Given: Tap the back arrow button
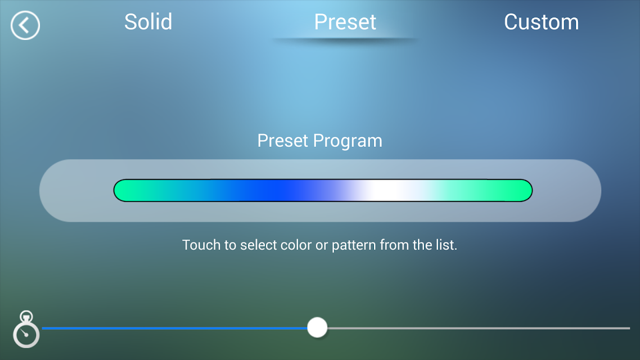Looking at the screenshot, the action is coord(25,25).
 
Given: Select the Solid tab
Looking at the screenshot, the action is coord(148,21).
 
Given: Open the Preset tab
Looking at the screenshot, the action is coord(345,21).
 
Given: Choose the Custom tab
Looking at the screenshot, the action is coord(541,21).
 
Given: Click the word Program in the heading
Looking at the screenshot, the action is coord(348,141).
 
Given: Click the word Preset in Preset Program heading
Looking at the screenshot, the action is coord(282,141).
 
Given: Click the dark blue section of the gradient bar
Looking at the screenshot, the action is coord(278,191).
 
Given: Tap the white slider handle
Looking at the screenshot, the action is coord(317,327).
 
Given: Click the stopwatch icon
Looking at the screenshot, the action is coord(26,329).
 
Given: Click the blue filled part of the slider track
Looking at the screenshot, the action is coord(175,328).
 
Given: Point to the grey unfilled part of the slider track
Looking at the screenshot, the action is coord(479,328).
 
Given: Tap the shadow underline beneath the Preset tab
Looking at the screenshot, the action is coord(345,40).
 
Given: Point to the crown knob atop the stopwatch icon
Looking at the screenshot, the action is coord(26,316).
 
